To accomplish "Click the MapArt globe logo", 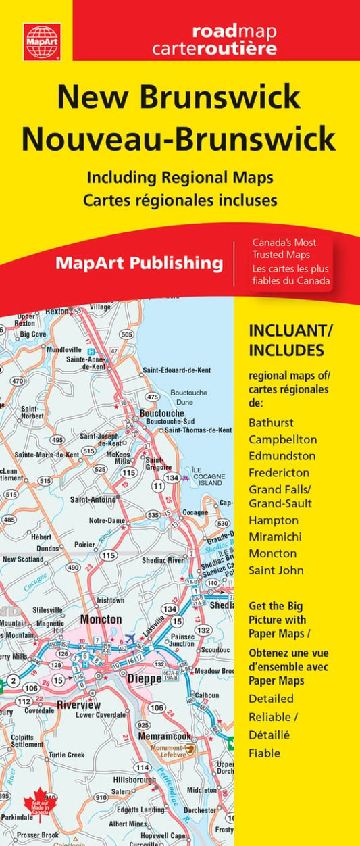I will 42,41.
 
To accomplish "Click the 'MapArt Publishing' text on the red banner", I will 139,263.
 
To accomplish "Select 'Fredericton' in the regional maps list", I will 279,472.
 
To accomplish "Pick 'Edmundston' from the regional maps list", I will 282,455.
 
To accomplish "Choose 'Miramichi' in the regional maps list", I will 275,537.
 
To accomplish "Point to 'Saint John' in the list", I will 276,570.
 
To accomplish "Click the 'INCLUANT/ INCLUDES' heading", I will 286,341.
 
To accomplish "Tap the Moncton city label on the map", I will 101,619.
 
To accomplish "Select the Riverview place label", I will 78,705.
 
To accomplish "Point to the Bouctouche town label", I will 161,412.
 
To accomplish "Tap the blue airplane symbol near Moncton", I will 130,638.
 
